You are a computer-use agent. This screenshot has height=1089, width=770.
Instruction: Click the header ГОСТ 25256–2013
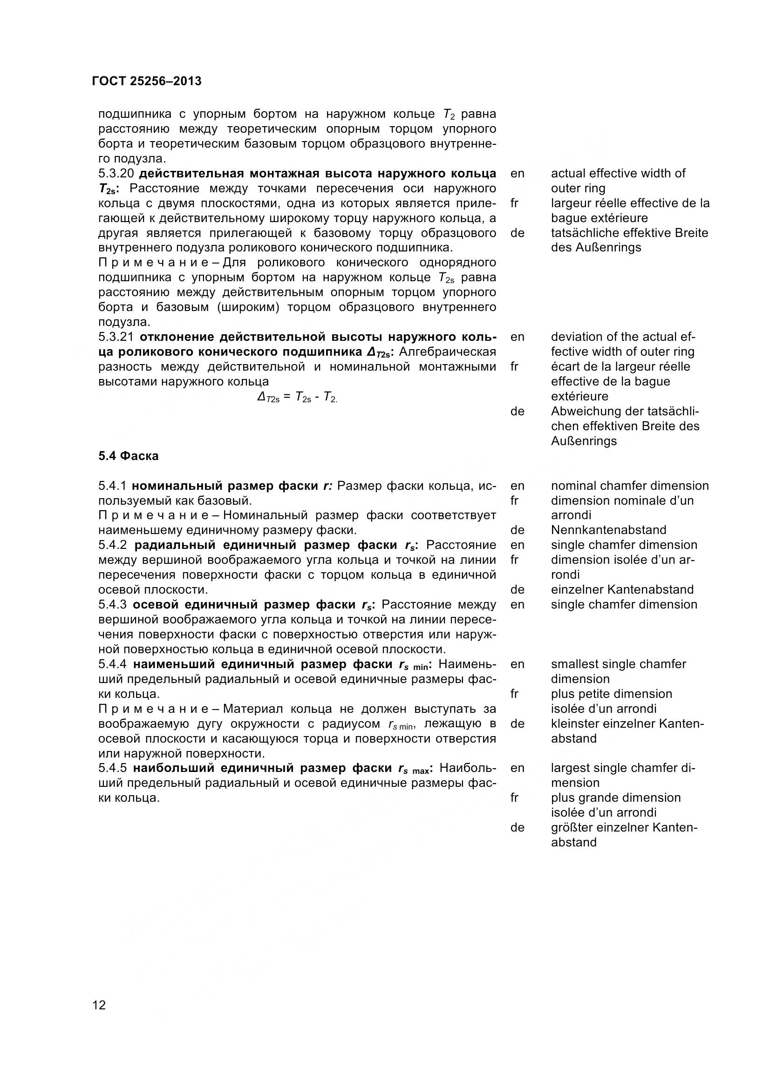[x=147, y=81]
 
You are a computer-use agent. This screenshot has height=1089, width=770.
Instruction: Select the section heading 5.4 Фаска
[x=129, y=456]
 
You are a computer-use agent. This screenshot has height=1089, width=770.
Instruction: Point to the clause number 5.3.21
[x=116, y=337]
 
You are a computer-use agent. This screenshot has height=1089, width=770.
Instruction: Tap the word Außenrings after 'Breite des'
[x=579, y=441]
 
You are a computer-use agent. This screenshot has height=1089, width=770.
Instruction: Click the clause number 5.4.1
[x=113, y=486]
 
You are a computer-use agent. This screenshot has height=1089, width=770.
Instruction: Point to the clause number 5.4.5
[x=113, y=768]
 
